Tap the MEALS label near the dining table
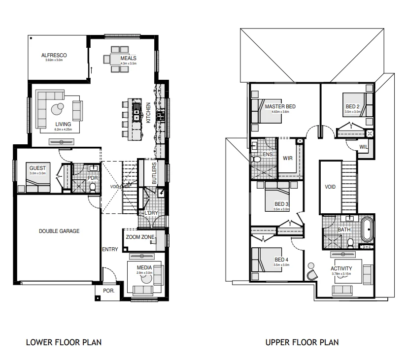click(x=128, y=58)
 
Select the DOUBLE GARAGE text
click(x=59, y=230)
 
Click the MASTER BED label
click(x=280, y=106)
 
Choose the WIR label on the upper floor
click(x=288, y=158)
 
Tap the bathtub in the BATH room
click(x=367, y=230)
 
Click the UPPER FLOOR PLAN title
click(x=302, y=342)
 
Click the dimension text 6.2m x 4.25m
click(x=63, y=130)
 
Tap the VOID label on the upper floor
click(x=330, y=187)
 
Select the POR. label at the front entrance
click(x=108, y=291)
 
